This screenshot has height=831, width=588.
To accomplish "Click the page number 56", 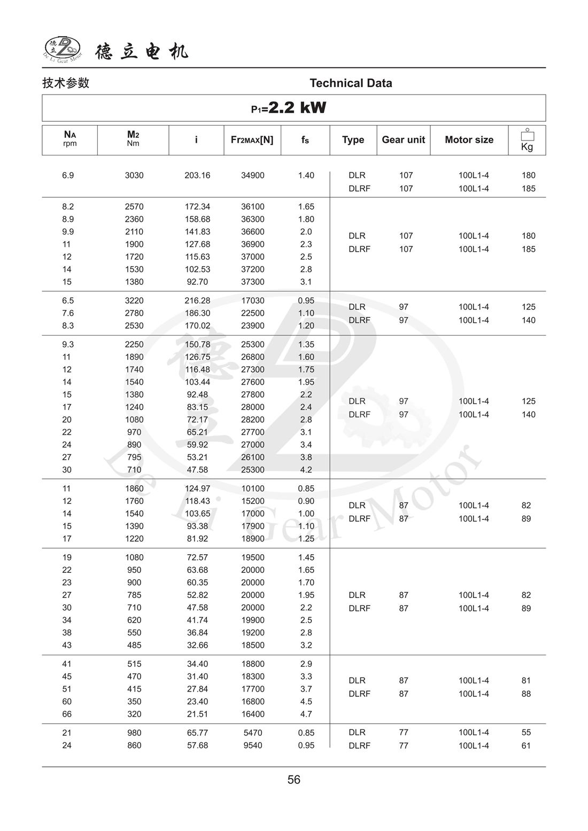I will (294, 780).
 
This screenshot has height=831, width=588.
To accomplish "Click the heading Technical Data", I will (351, 83).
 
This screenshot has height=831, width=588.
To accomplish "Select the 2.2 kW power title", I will (289, 108).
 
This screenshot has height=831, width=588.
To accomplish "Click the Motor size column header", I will (469, 140).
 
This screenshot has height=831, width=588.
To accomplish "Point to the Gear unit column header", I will (403, 140).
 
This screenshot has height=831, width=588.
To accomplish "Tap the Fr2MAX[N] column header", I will (252, 140).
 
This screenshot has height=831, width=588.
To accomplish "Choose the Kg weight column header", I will (527, 141).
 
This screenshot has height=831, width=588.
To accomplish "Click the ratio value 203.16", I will (197, 175).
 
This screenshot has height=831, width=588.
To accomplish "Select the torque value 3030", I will (134, 175).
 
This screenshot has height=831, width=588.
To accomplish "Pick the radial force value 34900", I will (252, 175).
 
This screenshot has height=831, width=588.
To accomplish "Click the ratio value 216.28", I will (197, 301).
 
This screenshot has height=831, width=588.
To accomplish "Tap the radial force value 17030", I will (252, 301).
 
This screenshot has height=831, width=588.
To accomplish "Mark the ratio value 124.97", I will (197, 488).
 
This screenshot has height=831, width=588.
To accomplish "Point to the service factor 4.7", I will (306, 714).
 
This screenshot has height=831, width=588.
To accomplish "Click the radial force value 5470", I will (252, 733).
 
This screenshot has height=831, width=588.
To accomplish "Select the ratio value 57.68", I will (197, 745).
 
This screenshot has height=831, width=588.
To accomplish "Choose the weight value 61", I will (526, 746).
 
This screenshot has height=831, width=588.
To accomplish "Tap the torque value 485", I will (134, 645).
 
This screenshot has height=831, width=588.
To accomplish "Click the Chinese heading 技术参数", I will (66, 83).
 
